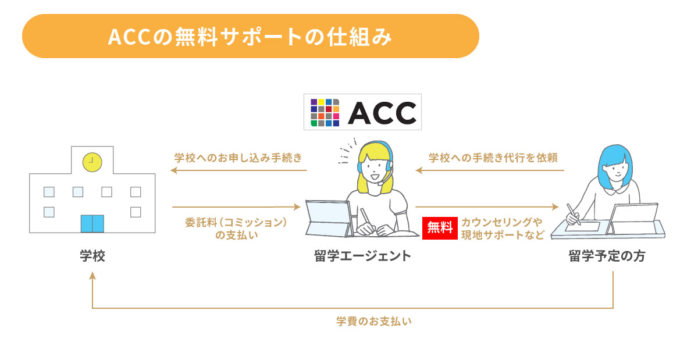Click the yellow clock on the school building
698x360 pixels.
[92, 162]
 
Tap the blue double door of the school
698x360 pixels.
[92, 223]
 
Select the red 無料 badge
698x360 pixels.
[440, 228]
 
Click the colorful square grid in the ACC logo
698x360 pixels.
[325, 112]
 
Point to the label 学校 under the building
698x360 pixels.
[92, 256]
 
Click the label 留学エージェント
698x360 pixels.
[362, 256]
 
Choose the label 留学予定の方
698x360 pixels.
[607, 256]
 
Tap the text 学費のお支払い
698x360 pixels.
[374, 322]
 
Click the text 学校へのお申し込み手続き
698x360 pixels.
[238, 158]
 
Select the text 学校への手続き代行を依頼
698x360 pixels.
[493, 158]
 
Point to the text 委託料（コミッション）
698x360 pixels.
[236, 223]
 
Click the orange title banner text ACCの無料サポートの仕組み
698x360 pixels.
[250, 37]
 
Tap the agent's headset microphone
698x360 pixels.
[380, 184]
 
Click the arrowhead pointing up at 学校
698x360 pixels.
[92, 276]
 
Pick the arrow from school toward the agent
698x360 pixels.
[236, 206]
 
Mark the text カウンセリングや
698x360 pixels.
[501, 223]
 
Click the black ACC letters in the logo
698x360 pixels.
[382, 113]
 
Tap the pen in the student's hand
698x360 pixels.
[574, 214]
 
